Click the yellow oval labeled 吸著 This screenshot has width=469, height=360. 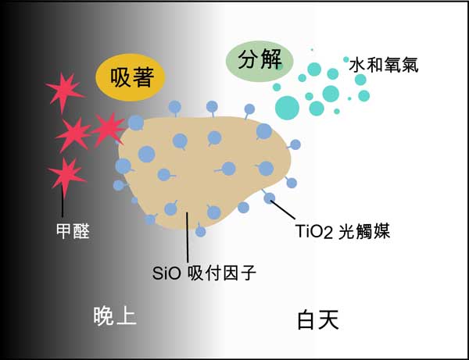point(131,77)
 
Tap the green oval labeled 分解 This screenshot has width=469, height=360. point(260,61)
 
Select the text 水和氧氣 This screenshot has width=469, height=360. point(384,65)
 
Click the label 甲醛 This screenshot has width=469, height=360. point(73,231)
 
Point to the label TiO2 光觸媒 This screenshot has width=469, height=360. point(343,231)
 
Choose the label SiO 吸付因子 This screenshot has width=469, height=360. point(204,273)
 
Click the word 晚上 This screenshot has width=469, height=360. point(115,316)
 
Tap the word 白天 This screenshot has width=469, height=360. point(318,319)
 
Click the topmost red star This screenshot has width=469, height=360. point(64,91)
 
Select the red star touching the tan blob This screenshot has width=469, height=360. point(109,129)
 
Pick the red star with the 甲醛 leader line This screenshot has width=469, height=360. point(66,175)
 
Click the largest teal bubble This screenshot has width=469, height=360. point(287,108)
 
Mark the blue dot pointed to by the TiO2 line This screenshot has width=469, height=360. point(270,198)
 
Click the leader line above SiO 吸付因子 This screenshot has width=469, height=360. point(188,237)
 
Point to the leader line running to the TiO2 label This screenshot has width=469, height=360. point(283,210)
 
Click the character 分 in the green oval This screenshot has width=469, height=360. point(248,59)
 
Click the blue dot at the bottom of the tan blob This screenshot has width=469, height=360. point(200,231)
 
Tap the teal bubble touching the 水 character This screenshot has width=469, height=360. point(346,59)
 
